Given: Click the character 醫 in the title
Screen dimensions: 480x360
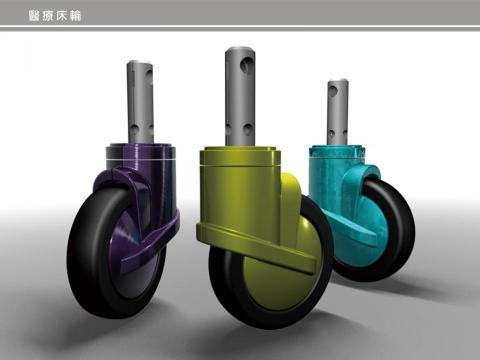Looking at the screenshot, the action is point(34,16).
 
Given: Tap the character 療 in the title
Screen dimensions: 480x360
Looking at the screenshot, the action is point(48,16).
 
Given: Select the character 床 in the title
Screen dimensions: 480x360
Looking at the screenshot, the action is point(61,16).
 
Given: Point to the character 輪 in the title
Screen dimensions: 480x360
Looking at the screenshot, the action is point(75,16).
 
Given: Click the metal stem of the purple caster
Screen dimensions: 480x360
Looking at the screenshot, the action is point(140,102).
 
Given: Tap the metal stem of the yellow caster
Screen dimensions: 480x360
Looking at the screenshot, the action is point(240,97).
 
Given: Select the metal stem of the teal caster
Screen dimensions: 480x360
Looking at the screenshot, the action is point(338,112).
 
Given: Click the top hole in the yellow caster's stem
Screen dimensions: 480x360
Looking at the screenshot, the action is point(247,65).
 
